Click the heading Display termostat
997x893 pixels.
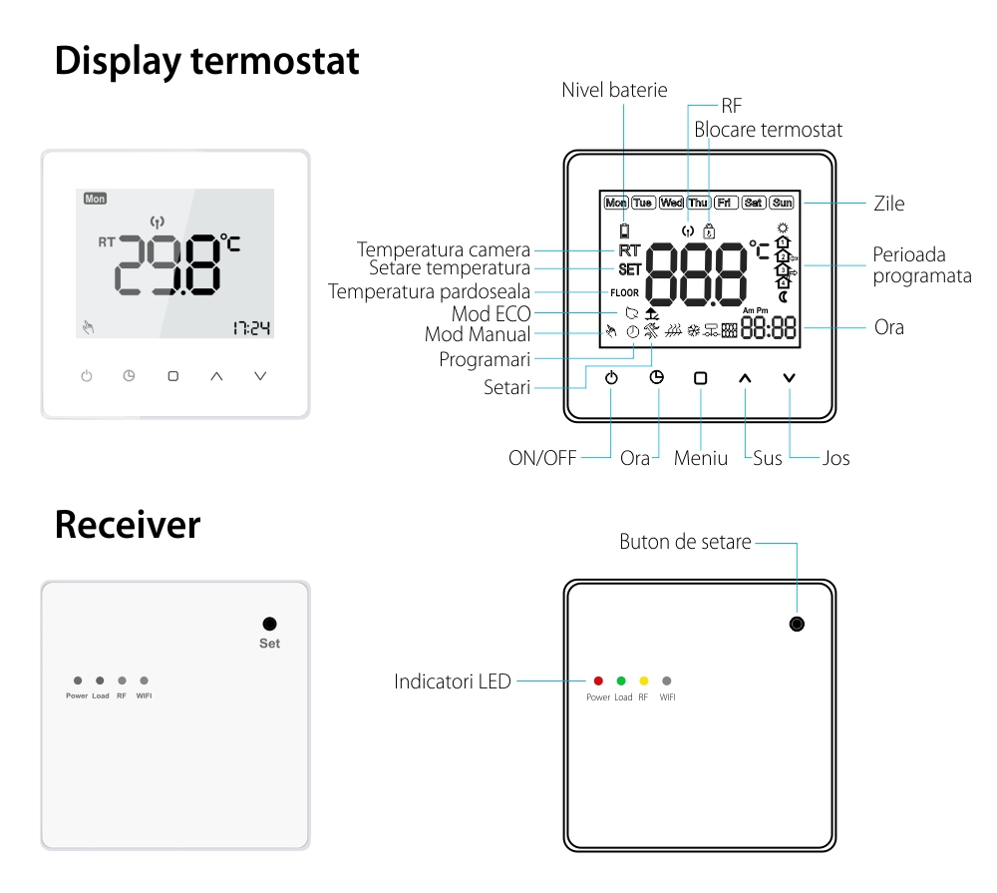point(206,61)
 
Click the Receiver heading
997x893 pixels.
point(127,525)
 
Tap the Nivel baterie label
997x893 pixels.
point(614,91)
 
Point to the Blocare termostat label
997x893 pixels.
point(768,130)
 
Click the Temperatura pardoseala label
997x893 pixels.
point(429,291)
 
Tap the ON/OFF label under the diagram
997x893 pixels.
point(542,458)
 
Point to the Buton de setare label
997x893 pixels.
point(685,543)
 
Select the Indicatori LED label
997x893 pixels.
point(453,682)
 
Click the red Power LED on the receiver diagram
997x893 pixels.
point(598,680)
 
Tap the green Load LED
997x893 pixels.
point(621,680)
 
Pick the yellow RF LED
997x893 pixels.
point(644,680)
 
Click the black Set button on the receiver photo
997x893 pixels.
point(269,624)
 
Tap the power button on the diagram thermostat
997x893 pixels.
point(611,378)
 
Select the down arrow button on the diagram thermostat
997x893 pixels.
point(790,378)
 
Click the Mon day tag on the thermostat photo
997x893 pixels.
point(95,199)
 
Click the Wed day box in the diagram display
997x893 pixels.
point(672,203)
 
